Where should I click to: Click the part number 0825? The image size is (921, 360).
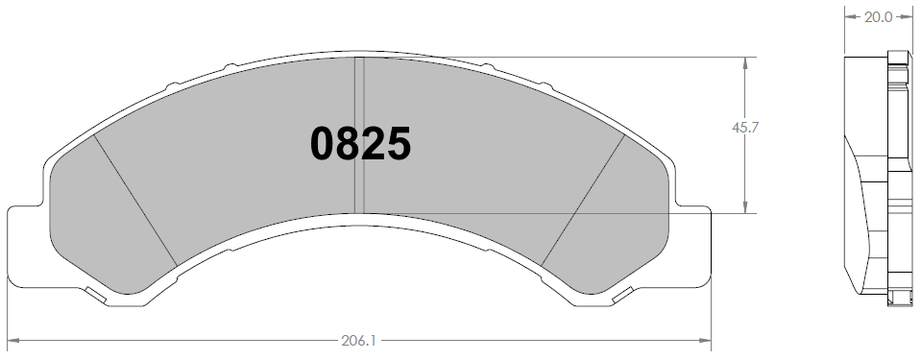click(x=360, y=144)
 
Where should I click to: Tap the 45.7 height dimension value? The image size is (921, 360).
click(x=745, y=128)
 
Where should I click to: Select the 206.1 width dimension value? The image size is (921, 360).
click(x=358, y=341)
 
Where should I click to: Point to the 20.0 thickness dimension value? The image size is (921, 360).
click(x=878, y=17)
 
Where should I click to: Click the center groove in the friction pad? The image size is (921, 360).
click(x=359, y=135)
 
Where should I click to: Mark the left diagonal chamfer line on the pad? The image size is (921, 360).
click(x=135, y=201)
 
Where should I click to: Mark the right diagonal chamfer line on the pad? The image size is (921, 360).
click(x=583, y=200)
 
